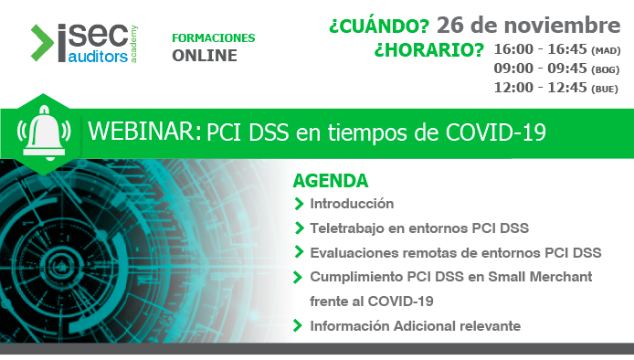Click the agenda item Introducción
point(352,203)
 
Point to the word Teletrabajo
point(346,228)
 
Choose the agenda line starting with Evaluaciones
point(455,252)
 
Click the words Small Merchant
point(540,276)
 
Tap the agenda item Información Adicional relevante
point(415,325)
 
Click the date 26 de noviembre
point(528,24)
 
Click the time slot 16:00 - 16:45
point(541,48)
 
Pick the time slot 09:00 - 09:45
point(541,69)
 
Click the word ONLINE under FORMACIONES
point(204,56)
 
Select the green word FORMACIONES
point(213,37)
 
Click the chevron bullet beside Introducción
point(299,203)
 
